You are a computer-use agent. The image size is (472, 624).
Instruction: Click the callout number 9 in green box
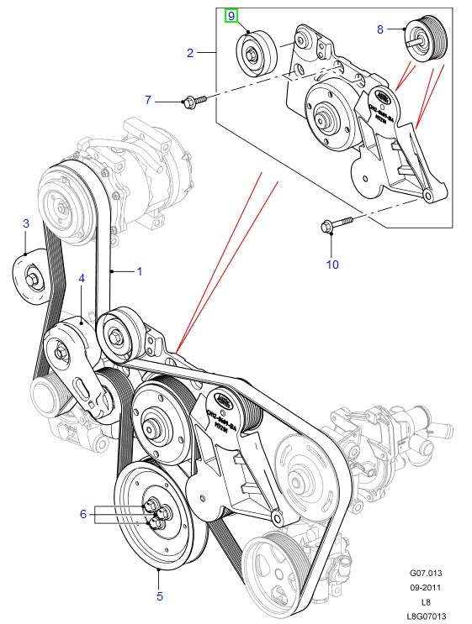tap(231, 16)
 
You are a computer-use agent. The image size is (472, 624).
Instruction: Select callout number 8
tap(380, 29)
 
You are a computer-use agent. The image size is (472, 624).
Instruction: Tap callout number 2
tap(190, 53)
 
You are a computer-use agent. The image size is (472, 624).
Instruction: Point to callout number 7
tap(148, 100)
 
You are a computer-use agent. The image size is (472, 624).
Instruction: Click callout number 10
tap(331, 264)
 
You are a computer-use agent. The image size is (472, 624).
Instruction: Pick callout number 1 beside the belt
tap(140, 271)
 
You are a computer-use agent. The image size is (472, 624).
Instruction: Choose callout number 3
tap(25, 223)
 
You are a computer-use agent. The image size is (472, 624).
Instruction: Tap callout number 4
tap(82, 277)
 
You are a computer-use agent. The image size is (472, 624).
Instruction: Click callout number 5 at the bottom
tap(159, 597)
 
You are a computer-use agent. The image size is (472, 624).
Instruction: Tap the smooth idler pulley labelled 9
tap(253, 53)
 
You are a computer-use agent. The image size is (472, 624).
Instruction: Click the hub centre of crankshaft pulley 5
tap(156, 514)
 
